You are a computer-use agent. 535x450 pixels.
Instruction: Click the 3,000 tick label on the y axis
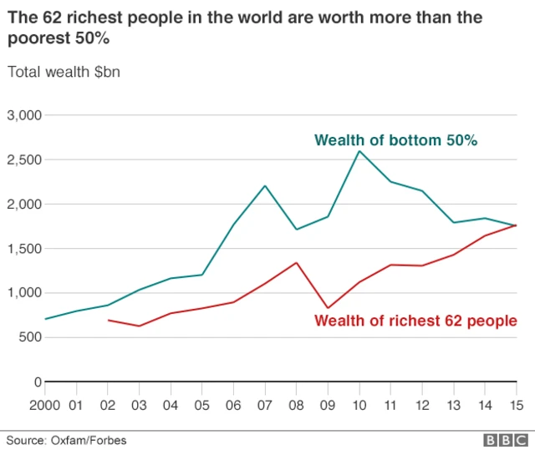click(x=24, y=115)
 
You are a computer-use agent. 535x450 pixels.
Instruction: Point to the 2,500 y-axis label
click(x=24, y=159)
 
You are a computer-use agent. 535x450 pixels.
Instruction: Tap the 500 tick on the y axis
click(x=30, y=337)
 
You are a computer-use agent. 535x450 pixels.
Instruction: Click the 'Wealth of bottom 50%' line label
click(x=395, y=140)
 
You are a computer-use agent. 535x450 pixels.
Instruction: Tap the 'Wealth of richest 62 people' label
click(x=415, y=321)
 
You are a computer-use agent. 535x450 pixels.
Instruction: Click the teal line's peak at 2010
click(x=359, y=151)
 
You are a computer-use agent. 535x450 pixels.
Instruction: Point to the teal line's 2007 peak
click(x=265, y=185)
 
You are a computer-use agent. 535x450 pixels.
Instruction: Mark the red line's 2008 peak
click(x=297, y=263)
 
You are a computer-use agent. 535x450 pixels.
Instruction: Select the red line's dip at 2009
click(x=328, y=308)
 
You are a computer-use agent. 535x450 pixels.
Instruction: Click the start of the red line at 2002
click(x=109, y=320)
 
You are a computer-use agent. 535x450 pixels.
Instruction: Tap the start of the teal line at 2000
click(x=46, y=319)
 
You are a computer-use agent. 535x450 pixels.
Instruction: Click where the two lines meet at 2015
click(x=516, y=225)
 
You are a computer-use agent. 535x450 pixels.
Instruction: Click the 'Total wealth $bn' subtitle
click(x=64, y=72)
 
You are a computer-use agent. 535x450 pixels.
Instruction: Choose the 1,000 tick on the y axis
click(x=24, y=293)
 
